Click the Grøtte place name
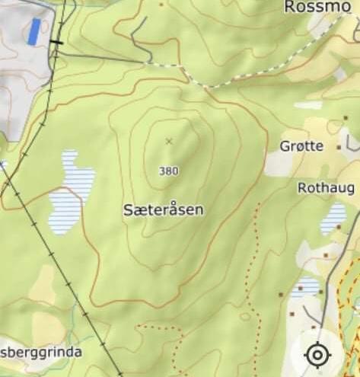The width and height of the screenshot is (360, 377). coord(301,145)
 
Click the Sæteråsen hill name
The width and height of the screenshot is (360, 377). coord(163,209)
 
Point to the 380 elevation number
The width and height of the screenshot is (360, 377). coord(168,171)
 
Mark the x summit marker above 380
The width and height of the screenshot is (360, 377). coord(169,141)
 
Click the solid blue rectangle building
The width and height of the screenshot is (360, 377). coord(33,31)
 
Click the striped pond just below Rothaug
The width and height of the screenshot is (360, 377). coord(333,218)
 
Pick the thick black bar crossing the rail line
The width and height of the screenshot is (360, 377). coord(56,42)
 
